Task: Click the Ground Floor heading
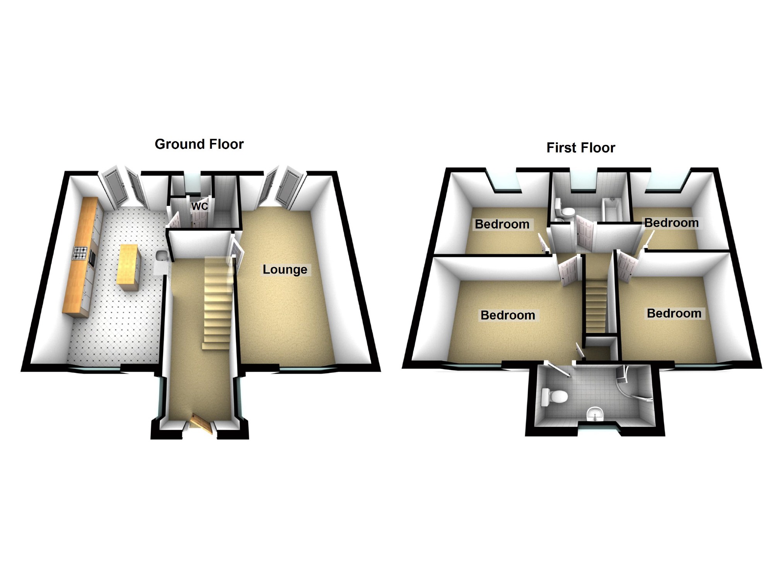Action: [199, 144]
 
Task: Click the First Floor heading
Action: [580, 148]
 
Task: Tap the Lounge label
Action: [285, 269]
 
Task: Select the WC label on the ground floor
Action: [200, 206]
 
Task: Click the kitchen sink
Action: [160, 256]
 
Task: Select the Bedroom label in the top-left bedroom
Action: [502, 224]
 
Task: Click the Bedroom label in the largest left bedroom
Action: [508, 315]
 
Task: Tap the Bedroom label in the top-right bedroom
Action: [671, 223]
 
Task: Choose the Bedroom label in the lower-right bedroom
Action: [674, 313]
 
